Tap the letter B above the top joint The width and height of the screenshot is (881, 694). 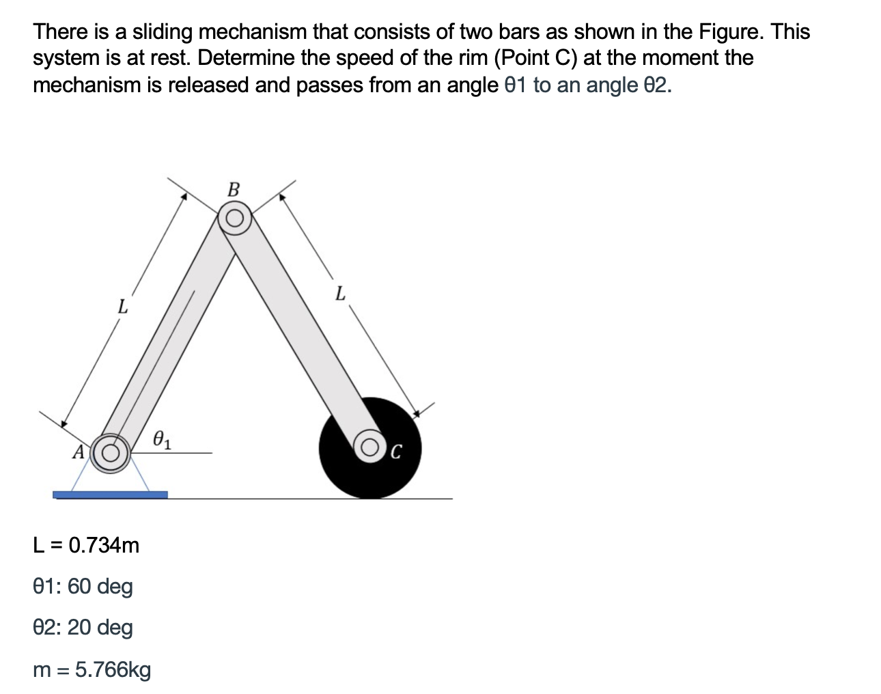coord(234,189)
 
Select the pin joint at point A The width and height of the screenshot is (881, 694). coord(111,452)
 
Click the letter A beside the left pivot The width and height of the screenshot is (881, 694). coord(79,452)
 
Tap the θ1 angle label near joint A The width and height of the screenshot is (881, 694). coord(163,438)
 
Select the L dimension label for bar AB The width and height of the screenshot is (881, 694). coord(122,307)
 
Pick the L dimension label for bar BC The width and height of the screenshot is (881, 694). coord(341,294)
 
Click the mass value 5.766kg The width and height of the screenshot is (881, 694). coord(113,669)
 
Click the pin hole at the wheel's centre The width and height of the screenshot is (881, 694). coord(371,448)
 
